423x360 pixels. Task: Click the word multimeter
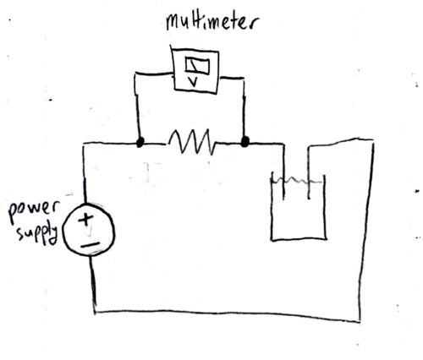tap(211, 22)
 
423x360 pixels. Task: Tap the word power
tap(33, 210)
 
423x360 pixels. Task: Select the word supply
tap(38, 234)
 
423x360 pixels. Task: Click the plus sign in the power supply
tap(85, 219)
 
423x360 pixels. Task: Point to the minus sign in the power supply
tap(90, 245)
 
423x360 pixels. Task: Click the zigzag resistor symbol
tap(191, 141)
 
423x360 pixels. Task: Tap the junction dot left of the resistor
tap(140, 142)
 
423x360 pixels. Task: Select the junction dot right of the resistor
tap(245, 141)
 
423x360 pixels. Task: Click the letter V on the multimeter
tap(193, 82)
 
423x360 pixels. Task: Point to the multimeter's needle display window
tap(197, 66)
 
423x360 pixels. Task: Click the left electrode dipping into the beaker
tap(283, 172)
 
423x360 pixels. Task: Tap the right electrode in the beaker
tap(309, 172)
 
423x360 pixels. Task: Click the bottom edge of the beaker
tap(299, 240)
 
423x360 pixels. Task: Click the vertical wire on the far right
tap(367, 231)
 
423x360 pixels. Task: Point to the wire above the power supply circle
tap(85, 172)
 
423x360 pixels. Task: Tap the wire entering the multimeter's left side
tap(154, 74)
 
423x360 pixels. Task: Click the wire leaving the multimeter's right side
tap(232, 77)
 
